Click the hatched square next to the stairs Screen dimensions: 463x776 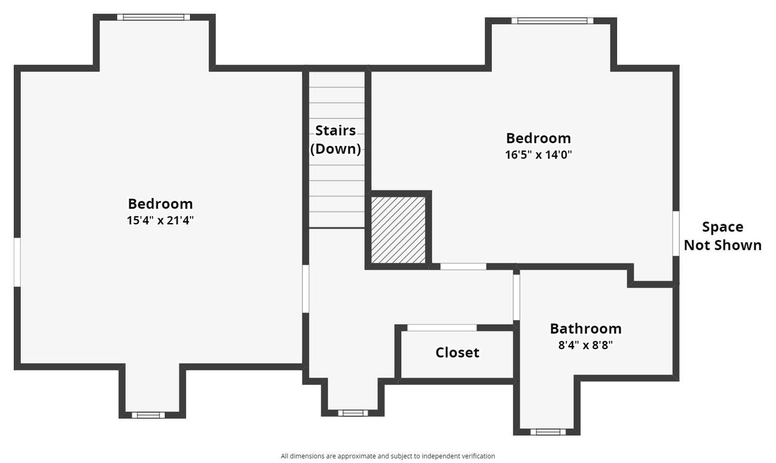(x=398, y=230)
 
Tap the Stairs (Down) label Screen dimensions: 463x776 (x=335, y=140)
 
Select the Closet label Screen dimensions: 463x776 (x=457, y=353)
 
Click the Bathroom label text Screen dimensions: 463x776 (x=585, y=328)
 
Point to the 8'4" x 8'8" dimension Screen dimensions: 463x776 (x=585, y=346)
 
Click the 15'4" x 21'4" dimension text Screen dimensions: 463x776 (x=160, y=221)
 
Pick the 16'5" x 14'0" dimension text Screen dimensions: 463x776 (x=538, y=155)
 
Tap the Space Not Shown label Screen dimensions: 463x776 (x=722, y=236)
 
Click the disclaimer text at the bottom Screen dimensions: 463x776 (x=387, y=456)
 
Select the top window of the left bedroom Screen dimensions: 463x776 (x=153, y=17)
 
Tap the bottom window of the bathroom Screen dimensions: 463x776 (x=547, y=432)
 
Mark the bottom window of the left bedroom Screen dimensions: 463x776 (x=149, y=415)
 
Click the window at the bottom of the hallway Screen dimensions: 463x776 (x=353, y=413)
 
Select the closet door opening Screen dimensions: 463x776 (x=441, y=328)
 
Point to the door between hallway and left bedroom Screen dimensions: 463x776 (x=306, y=289)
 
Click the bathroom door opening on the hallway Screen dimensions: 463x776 (x=517, y=297)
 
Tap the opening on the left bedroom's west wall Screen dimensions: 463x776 (x=18, y=262)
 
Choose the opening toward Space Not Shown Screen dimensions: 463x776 (x=675, y=233)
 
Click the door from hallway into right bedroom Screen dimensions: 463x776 (x=463, y=266)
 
